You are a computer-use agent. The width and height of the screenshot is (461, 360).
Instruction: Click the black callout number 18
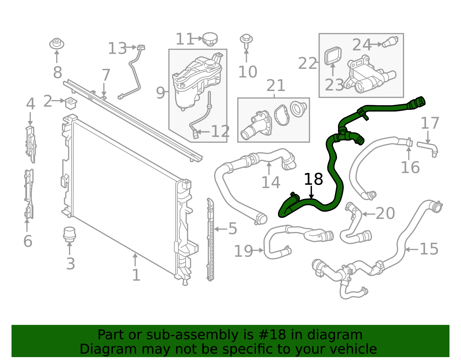(x=313, y=179)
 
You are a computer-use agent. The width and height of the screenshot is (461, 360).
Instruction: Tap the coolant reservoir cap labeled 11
(x=210, y=39)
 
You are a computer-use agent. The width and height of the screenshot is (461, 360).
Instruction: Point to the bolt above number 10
(x=246, y=40)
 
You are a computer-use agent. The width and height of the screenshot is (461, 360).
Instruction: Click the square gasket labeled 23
(x=333, y=56)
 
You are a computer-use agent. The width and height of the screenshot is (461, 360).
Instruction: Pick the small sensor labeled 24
(x=390, y=42)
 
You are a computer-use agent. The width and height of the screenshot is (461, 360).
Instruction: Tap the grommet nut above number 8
(x=57, y=44)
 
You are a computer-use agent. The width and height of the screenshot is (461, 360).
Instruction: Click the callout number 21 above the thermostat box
(x=276, y=86)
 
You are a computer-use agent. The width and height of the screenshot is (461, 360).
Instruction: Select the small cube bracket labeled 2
(x=71, y=103)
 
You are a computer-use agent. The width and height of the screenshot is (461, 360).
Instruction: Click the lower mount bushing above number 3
(x=69, y=234)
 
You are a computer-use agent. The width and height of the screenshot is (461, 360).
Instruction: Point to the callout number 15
(x=429, y=249)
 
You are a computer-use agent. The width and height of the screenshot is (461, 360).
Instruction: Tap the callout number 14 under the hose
(x=270, y=182)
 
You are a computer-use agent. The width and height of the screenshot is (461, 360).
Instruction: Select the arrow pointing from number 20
(x=368, y=214)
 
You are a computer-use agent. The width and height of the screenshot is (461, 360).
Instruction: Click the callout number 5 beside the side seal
(x=232, y=229)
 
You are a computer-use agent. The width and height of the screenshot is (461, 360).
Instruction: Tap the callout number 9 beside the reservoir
(x=160, y=93)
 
